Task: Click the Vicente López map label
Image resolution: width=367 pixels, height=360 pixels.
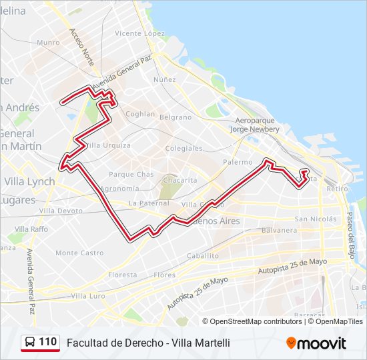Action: [x=139, y=33]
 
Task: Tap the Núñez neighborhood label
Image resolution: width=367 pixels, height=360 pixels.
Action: [x=164, y=79]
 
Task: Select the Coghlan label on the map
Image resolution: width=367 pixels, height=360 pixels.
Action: [x=140, y=114]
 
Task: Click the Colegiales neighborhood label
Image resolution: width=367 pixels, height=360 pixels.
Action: [x=183, y=148]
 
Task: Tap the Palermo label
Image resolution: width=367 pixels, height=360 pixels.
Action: [x=238, y=162]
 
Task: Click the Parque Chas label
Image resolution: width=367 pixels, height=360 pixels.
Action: [x=131, y=174]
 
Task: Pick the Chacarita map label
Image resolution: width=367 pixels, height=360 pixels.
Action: [x=179, y=180]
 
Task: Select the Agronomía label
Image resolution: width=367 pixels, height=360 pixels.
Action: [x=119, y=189]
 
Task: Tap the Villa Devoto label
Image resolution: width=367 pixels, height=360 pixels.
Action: [x=61, y=210]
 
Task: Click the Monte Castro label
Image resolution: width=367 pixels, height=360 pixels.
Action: [x=79, y=253]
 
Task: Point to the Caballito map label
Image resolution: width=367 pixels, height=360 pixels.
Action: [x=203, y=255]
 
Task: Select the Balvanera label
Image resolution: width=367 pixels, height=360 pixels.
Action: [x=279, y=230]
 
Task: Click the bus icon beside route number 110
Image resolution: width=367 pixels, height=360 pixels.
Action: [x=29, y=343]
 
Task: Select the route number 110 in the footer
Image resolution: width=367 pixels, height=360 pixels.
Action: [x=47, y=342]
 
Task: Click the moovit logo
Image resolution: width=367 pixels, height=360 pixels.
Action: [x=316, y=343]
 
